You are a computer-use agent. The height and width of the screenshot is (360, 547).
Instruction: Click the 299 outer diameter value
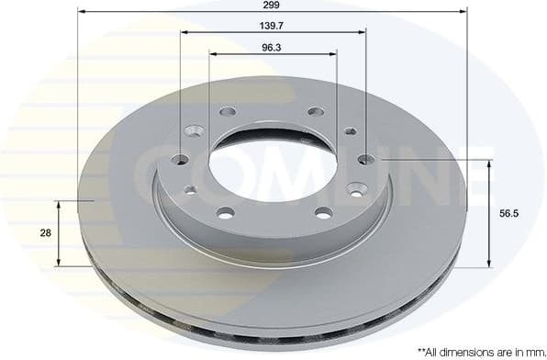point(272,5)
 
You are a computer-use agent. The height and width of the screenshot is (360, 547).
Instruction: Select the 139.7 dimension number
point(272,26)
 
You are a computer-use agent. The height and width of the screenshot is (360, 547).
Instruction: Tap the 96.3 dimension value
point(272,46)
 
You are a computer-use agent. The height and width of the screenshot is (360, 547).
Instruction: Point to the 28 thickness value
point(45,233)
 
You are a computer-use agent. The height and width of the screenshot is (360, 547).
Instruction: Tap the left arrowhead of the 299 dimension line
point(82,12)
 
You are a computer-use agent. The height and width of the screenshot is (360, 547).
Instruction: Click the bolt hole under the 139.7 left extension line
point(180,160)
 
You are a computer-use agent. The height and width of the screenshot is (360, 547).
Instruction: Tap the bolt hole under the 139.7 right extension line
point(365,159)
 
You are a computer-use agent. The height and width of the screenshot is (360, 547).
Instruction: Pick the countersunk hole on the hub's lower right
point(357,189)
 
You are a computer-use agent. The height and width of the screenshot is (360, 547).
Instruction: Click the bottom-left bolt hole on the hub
point(226,213)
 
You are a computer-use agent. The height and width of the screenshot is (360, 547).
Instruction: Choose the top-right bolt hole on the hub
point(316,112)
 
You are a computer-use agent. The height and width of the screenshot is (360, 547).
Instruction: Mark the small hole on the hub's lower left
point(190,190)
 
